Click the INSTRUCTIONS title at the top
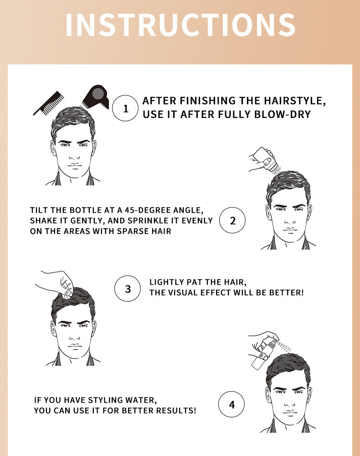(x=180, y=25)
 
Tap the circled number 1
(x=125, y=108)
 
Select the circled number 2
(x=232, y=220)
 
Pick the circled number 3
(x=128, y=288)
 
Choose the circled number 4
(x=231, y=404)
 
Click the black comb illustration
(x=49, y=104)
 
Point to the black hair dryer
(x=96, y=97)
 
